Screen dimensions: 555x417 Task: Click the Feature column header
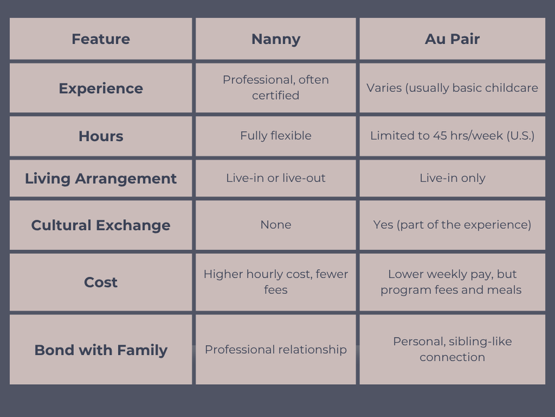click(x=100, y=39)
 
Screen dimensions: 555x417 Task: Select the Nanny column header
click(x=276, y=39)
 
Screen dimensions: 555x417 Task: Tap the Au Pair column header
click(x=452, y=39)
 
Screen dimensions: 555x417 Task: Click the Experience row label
click(x=100, y=88)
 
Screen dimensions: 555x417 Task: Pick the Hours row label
click(x=100, y=136)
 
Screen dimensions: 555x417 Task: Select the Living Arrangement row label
click(x=100, y=178)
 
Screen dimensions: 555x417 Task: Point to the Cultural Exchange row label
click(x=100, y=225)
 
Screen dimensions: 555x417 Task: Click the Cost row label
click(x=100, y=282)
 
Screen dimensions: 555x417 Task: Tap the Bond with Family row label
click(x=100, y=350)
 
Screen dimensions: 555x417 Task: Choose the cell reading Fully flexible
click(x=276, y=136)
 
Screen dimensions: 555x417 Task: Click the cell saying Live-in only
click(x=452, y=178)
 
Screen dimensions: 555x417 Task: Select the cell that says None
click(x=276, y=225)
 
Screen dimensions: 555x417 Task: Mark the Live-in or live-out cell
click(x=276, y=178)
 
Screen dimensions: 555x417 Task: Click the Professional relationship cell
click(x=276, y=350)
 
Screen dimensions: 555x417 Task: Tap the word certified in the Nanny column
click(x=276, y=96)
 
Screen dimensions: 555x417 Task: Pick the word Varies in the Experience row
click(x=384, y=88)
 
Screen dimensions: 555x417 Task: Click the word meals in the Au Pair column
click(x=504, y=290)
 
